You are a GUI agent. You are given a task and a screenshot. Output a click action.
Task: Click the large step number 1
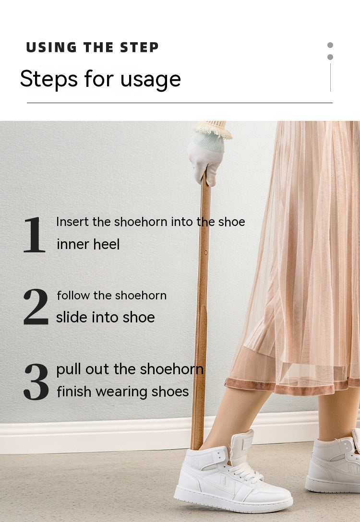click(x=34, y=235)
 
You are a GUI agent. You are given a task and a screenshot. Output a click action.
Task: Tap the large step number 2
click(x=36, y=307)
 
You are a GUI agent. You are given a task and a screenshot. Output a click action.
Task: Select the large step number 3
click(x=36, y=381)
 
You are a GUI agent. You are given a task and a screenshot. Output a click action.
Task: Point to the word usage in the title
click(x=151, y=80)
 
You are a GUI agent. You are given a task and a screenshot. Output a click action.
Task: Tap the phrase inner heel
click(x=88, y=244)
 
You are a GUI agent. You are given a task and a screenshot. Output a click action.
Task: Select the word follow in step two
click(x=73, y=295)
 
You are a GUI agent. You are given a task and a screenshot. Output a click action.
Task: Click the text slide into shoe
click(x=105, y=317)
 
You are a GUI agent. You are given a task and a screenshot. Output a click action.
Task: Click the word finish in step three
click(x=74, y=391)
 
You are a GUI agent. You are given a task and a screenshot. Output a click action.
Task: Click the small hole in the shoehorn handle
click(x=205, y=252)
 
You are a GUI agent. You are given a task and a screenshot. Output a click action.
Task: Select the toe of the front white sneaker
click(x=276, y=499)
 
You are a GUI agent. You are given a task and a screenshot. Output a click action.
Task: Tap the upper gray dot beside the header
click(x=330, y=45)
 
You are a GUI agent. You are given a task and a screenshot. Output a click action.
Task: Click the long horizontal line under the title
click(x=180, y=103)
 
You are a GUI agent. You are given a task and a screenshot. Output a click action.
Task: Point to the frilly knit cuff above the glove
click(x=214, y=129)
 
